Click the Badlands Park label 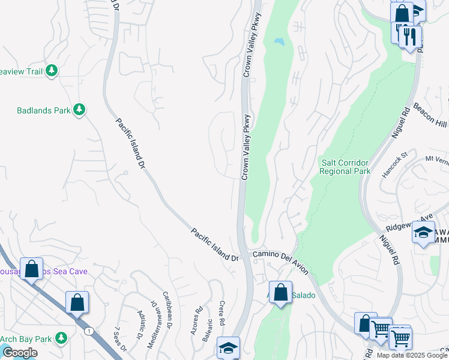[44, 110]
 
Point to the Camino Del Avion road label [280, 263]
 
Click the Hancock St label [396, 164]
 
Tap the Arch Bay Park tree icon [61, 338]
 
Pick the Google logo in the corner [19, 353]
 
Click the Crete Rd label [221, 313]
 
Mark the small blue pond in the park [279, 42]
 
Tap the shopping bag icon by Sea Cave [31, 269]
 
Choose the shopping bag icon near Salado [280, 292]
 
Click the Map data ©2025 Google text [412, 355]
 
